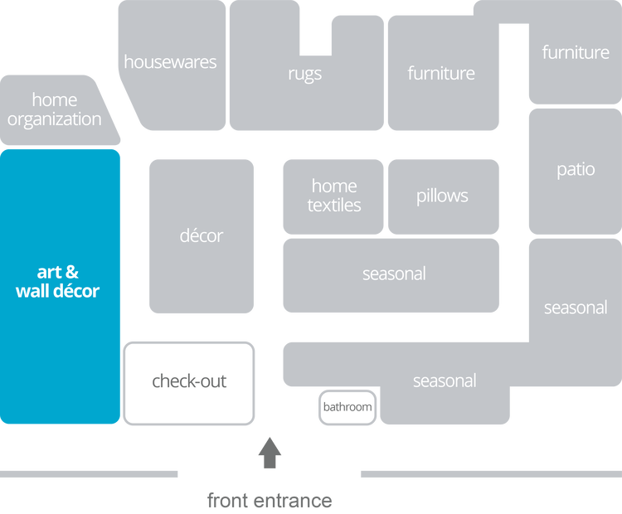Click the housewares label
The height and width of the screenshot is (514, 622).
tap(170, 62)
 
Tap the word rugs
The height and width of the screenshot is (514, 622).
tap(304, 74)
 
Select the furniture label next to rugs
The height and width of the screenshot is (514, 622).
tap(441, 74)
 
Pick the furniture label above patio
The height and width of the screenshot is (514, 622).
tap(576, 53)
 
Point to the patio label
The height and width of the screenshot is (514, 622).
tap(576, 170)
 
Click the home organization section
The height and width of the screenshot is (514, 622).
tap(55, 110)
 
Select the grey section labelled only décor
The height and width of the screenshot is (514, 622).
tap(202, 236)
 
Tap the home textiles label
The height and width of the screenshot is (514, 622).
tap(333, 196)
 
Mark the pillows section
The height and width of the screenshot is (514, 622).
tap(442, 196)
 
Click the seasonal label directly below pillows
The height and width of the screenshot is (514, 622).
tap(394, 274)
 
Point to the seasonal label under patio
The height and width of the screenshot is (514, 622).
tap(576, 308)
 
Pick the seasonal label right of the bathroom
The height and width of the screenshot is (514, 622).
tap(445, 381)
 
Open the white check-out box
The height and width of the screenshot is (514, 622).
tap(189, 382)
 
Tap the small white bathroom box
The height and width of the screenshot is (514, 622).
tap(347, 408)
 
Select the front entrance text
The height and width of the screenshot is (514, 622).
tap(270, 501)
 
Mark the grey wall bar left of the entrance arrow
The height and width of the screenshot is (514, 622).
tap(90, 474)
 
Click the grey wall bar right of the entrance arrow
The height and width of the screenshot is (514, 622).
tap(489, 474)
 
